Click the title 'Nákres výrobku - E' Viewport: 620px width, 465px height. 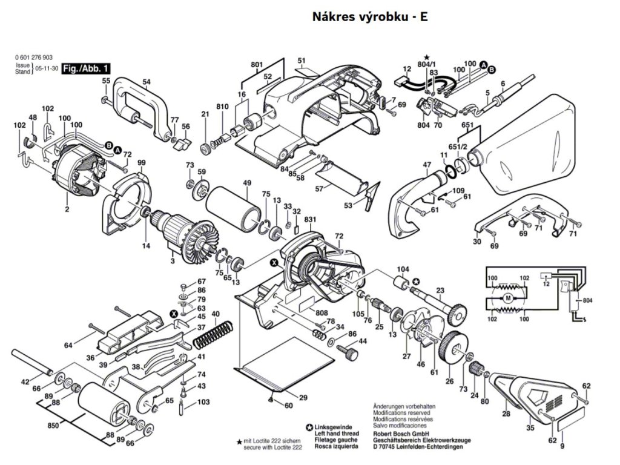click(x=370, y=16)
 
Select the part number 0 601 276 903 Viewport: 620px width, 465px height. click(x=38, y=58)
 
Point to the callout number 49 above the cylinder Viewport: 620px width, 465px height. click(x=247, y=183)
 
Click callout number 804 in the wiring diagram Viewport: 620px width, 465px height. click(x=587, y=300)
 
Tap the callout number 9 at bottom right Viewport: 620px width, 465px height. click(x=562, y=447)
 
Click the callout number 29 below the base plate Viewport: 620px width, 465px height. click(x=303, y=398)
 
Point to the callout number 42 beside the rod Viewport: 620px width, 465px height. click(x=25, y=382)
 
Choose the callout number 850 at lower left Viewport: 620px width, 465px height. click(x=53, y=426)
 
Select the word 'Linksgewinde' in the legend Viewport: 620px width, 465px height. click(x=334, y=427)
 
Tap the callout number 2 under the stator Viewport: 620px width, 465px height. click(x=67, y=209)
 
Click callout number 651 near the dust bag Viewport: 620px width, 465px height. click(x=467, y=125)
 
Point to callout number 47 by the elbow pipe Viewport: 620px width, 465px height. click(x=427, y=165)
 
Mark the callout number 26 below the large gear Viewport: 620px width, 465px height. click(x=449, y=381)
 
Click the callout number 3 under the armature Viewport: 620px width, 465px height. click(x=173, y=261)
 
